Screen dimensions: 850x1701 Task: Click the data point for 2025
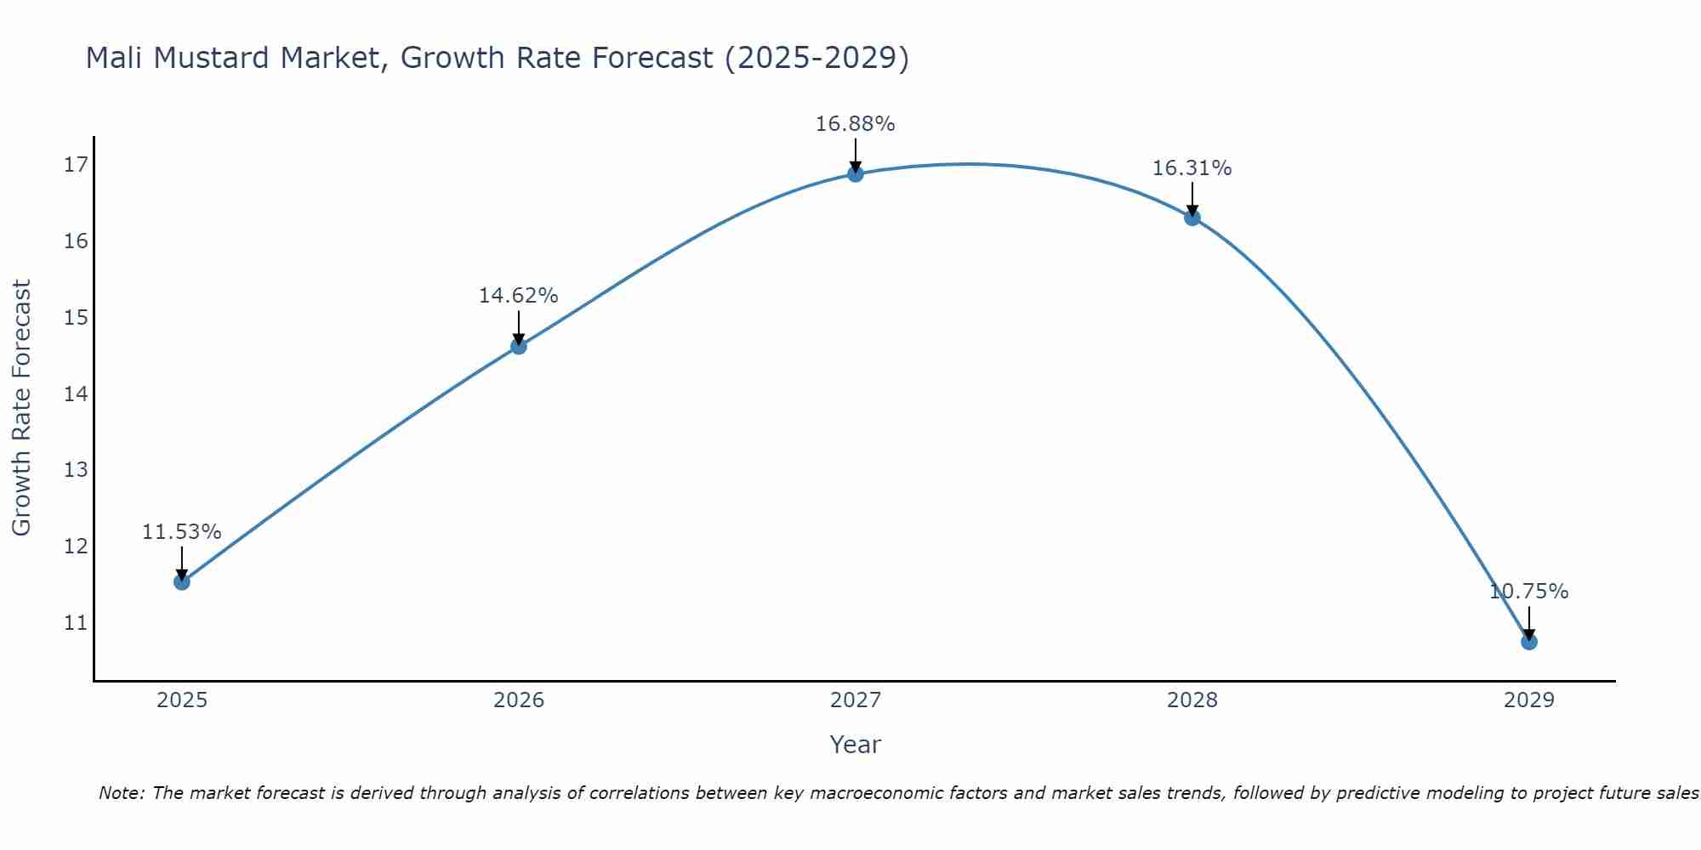(x=181, y=581)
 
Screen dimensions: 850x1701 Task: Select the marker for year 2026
(x=518, y=346)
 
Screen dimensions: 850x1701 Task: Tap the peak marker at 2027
(x=855, y=174)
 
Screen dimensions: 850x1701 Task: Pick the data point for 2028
(x=1192, y=218)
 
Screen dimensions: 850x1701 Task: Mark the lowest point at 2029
(x=1528, y=641)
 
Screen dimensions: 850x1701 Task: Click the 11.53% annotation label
(x=181, y=532)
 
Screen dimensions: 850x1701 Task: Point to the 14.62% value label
(x=518, y=296)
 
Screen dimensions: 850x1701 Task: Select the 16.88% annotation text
(x=855, y=124)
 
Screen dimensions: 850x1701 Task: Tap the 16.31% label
(x=1192, y=168)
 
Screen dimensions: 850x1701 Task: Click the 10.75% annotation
(x=1528, y=592)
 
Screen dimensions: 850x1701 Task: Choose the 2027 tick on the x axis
(x=855, y=700)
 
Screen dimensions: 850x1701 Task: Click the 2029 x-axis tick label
(x=1528, y=700)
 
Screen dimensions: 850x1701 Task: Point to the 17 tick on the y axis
(x=76, y=165)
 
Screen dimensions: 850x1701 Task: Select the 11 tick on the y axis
(x=76, y=623)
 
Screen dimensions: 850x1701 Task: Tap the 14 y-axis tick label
(x=76, y=394)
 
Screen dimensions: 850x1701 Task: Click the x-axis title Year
(x=855, y=745)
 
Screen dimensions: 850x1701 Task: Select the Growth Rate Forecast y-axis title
(x=21, y=408)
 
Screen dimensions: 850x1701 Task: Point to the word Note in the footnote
(x=122, y=793)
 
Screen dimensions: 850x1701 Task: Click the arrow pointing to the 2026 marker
(x=518, y=327)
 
